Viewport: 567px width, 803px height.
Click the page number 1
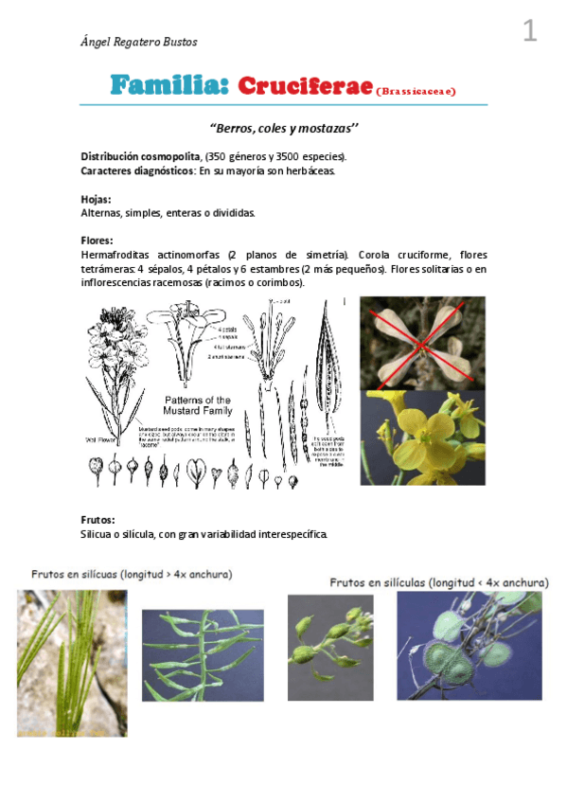[529, 32]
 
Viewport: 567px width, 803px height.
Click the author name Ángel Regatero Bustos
[139, 42]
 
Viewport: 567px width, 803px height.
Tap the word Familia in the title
[169, 86]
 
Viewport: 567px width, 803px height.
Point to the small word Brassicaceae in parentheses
[416, 92]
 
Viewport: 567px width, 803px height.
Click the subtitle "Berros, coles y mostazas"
[283, 127]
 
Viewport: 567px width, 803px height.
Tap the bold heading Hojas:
[97, 200]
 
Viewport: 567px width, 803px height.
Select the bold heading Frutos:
[99, 520]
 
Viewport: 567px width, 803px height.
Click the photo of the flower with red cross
[422, 342]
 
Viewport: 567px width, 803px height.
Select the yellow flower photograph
[422, 437]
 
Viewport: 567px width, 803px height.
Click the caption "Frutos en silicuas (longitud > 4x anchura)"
[132, 574]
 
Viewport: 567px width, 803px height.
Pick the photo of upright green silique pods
[71, 663]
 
